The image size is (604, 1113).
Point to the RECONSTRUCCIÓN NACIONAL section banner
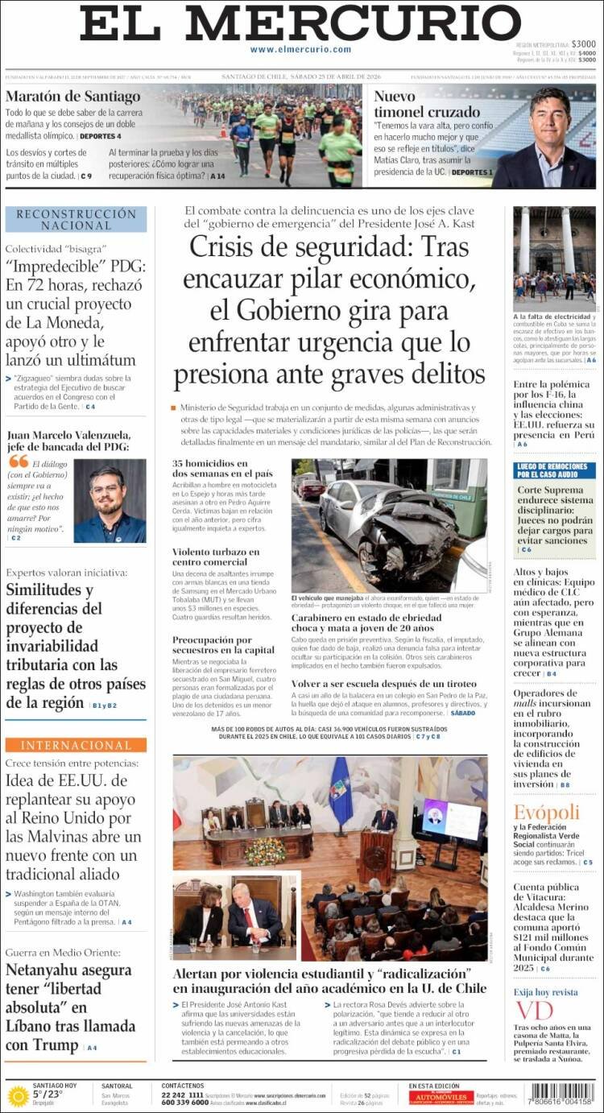pos(77,219)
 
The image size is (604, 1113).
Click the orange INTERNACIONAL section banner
pos(77,745)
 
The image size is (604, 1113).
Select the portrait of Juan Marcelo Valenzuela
pos(110,500)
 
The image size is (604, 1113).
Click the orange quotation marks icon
pos(18,461)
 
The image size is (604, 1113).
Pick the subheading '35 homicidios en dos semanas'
pos(211,469)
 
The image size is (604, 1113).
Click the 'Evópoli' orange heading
pos(547,812)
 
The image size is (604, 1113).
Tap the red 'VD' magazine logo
pos(535,1010)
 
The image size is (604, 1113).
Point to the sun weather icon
pos(18,1096)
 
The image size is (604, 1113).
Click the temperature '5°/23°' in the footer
pos(48,1094)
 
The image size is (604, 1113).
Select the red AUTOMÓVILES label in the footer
pos(441,1097)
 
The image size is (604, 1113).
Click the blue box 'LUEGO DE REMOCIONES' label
pos(554,470)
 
